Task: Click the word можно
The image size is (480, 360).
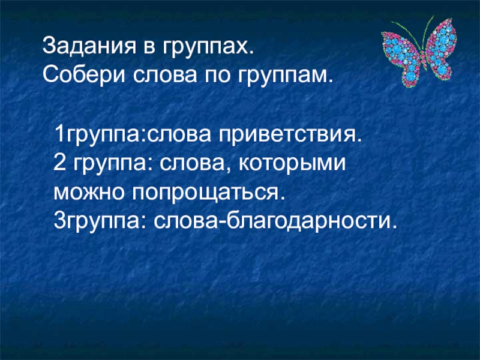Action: coord(85,193)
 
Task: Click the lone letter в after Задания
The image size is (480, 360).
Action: coord(136,46)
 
